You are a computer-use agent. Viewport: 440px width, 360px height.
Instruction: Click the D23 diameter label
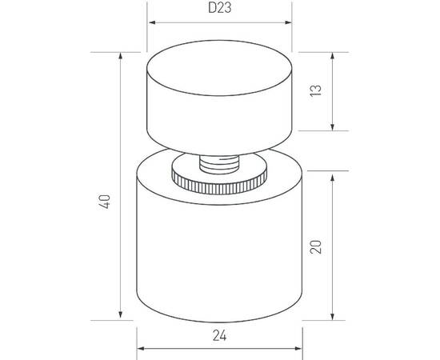(x=220, y=7)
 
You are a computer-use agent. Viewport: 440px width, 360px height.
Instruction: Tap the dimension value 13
(x=315, y=90)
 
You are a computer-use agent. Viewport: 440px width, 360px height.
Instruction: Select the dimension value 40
(x=104, y=202)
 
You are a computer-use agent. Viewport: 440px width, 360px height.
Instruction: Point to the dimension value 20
(x=315, y=247)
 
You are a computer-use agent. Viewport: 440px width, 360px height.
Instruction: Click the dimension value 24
(x=219, y=335)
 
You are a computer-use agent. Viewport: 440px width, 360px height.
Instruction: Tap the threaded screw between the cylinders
(x=219, y=165)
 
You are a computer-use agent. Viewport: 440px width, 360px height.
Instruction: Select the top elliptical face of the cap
(x=219, y=68)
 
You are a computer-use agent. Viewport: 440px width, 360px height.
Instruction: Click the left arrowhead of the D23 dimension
(x=152, y=22)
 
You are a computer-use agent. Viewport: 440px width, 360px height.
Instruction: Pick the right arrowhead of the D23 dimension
(x=288, y=22)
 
